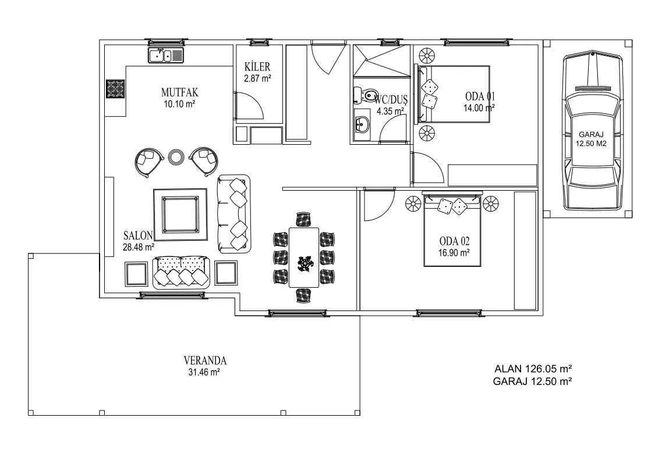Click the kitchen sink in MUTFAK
(166, 55)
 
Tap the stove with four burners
(115, 89)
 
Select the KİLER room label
(257, 67)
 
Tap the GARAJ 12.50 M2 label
(592, 139)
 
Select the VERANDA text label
(205, 360)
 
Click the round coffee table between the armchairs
(176, 156)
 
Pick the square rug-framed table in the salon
(180, 215)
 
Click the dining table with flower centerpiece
(304, 257)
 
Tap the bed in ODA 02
(452, 230)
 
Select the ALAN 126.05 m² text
(533, 369)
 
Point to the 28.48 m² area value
(139, 247)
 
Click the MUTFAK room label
(180, 92)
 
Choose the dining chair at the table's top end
(303, 219)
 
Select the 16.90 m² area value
(454, 253)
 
